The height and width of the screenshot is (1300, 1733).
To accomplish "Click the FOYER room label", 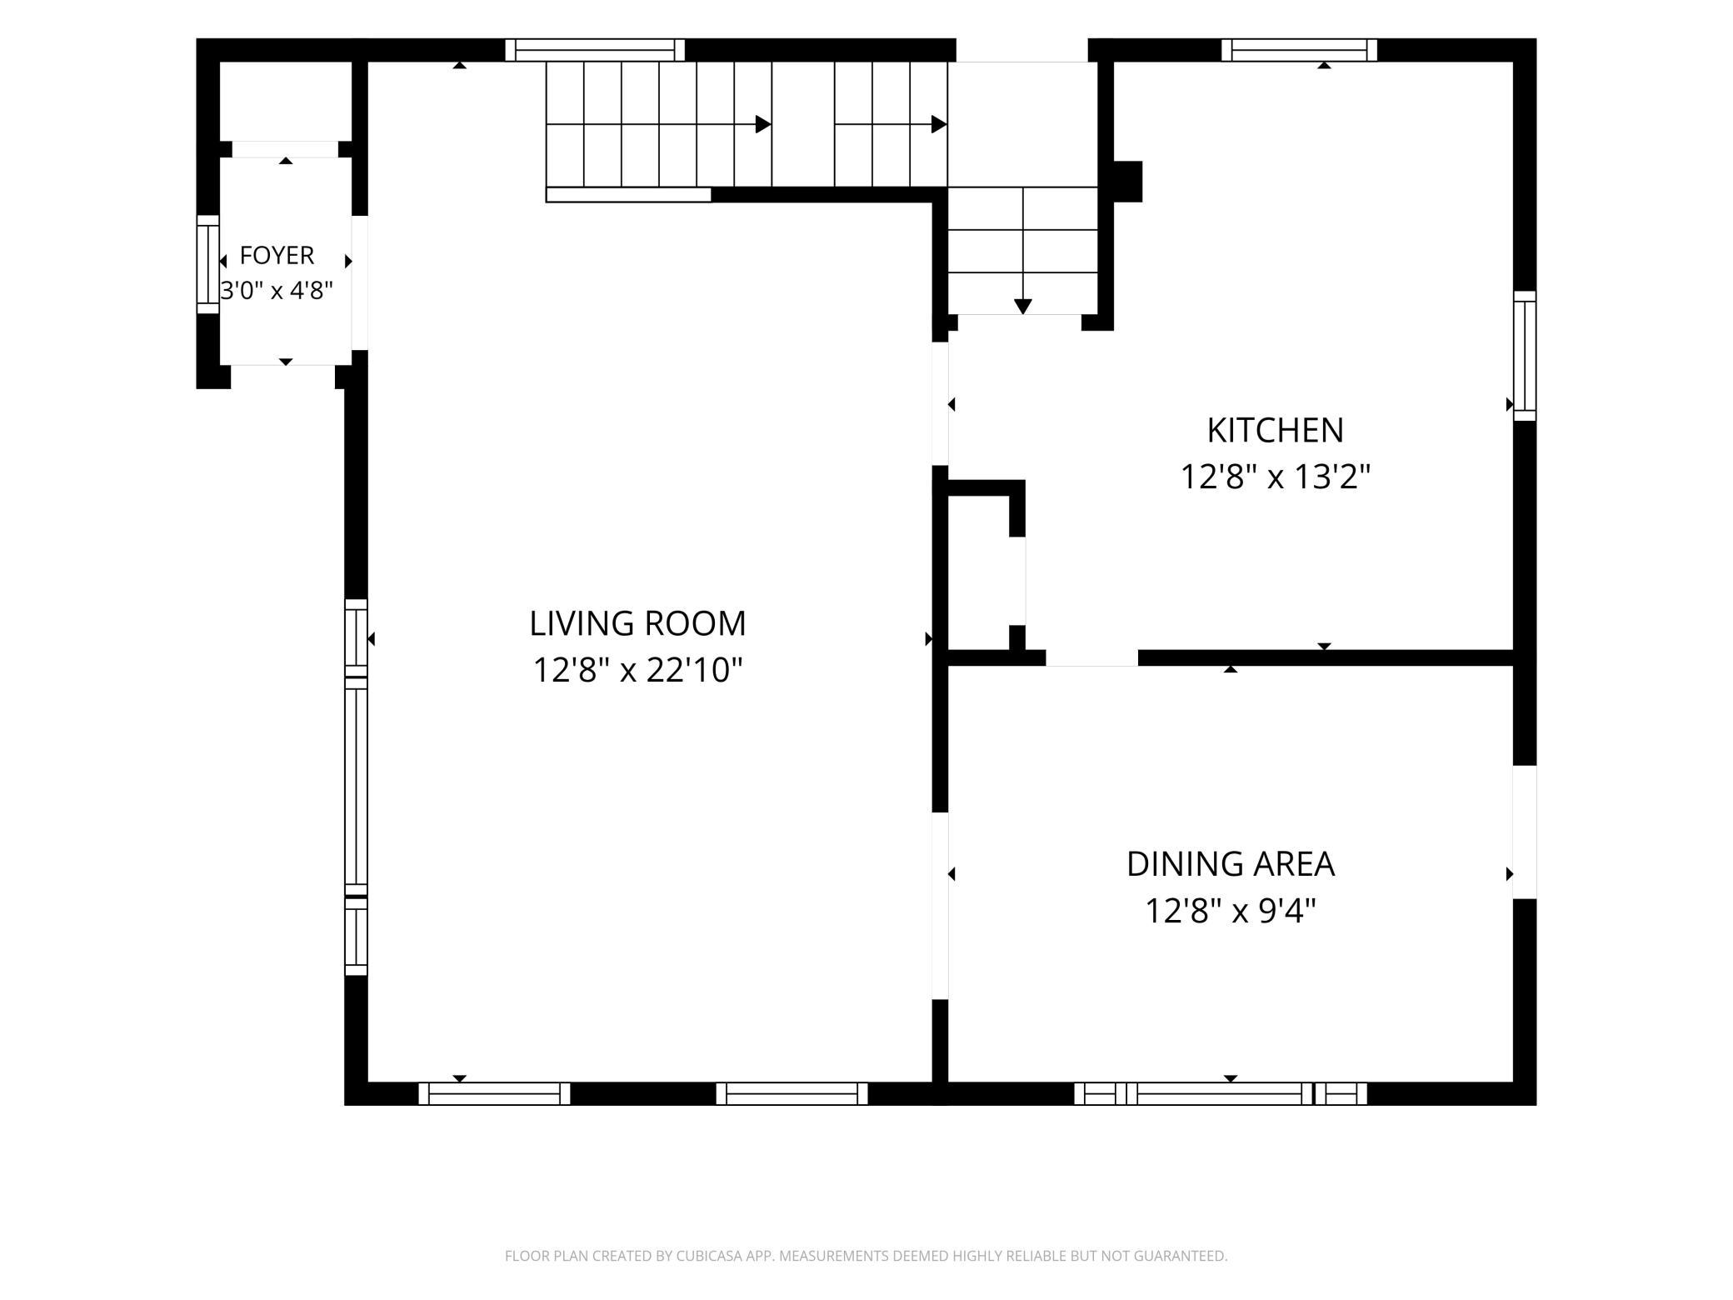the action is click(x=277, y=255).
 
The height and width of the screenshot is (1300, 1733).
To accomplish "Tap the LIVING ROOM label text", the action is click(x=637, y=623).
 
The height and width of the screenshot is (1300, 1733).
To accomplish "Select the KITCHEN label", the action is click(x=1275, y=431).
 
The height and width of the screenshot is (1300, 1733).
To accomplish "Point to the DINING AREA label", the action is click(x=1231, y=864).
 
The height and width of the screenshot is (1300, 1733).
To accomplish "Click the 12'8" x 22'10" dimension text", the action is click(x=637, y=670).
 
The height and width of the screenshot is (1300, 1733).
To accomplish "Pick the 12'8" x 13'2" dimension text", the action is click(x=1275, y=477).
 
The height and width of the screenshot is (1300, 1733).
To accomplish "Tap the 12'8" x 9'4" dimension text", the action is click(x=1231, y=911).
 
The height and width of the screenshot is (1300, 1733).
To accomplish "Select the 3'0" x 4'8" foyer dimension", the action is click(x=277, y=291).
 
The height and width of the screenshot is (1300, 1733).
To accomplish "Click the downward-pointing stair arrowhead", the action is click(x=1023, y=307).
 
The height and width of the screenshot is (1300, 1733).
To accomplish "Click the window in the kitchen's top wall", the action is click(x=1299, y=50).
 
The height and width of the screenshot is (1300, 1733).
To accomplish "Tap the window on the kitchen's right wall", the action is click(x=1525, y=356).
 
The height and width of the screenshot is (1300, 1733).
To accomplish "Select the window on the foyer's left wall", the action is click(x=207, y=265).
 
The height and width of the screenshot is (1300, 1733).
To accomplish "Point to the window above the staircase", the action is click(x=595, y=50).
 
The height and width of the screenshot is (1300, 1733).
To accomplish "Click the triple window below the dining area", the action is click(x=1221, y=1093).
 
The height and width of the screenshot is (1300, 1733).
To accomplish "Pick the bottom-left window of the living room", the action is click(x=494, y=1093).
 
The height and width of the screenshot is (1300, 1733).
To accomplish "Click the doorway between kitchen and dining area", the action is click(x=1091, y=657).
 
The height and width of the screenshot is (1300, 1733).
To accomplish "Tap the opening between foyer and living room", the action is click(x=359, y=282).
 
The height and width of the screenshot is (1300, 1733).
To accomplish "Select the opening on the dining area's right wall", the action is click(x=1525, y=832).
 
